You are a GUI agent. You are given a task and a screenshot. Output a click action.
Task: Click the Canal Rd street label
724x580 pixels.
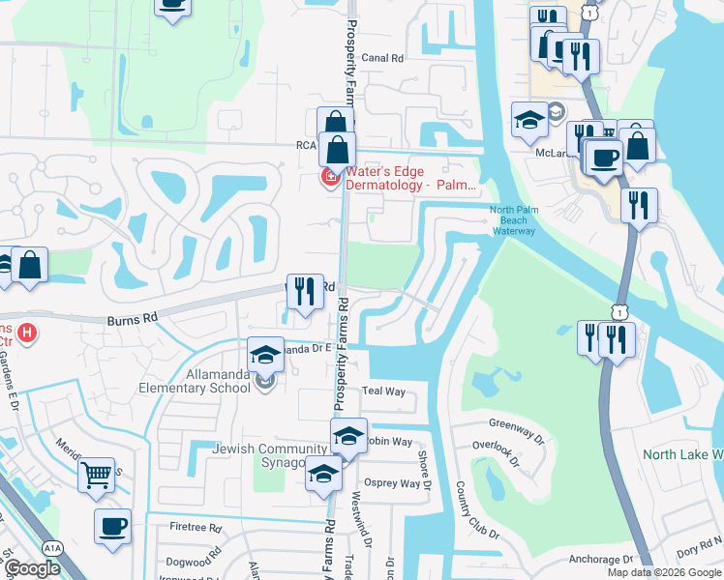[382, 58]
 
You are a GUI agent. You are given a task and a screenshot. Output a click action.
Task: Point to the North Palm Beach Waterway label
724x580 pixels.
[512, 220]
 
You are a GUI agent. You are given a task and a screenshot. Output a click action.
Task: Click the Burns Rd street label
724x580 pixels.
[133, 316]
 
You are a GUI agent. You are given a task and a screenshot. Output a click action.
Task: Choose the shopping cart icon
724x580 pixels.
[96, 475]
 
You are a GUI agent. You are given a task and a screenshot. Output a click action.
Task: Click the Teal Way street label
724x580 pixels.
[383, 391]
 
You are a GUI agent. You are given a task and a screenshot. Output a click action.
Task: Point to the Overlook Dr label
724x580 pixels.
[497, 446]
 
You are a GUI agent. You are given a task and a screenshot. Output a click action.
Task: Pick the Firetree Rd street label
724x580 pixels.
[196, 529]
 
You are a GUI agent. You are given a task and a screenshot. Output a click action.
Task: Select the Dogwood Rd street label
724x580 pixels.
[194, 562]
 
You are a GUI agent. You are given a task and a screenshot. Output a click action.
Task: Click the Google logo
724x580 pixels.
[32, 568]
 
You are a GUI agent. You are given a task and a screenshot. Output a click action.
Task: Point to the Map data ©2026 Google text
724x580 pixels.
[663, 572]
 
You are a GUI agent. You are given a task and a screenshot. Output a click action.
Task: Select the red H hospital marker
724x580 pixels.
[28, 333]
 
